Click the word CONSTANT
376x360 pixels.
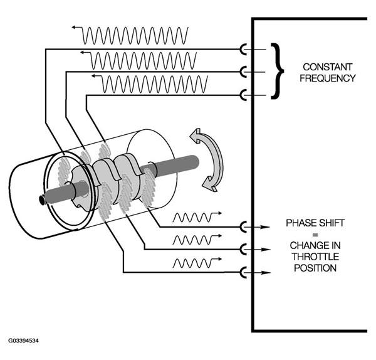coord(327,67)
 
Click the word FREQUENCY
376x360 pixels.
coord(328,78)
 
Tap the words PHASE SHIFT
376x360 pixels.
coord(315,223)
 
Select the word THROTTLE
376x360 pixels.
coord(315,257)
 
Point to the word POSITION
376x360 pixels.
coord(315,268)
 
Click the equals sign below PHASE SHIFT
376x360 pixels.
coord(315,235)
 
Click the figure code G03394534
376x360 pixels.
coord(23,341)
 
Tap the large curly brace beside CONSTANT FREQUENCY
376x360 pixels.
coord(278,71)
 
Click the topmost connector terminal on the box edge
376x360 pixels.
coord(243,50)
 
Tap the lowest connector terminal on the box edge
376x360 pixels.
coord(243,272)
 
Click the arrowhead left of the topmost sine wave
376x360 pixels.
coord(74,27)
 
